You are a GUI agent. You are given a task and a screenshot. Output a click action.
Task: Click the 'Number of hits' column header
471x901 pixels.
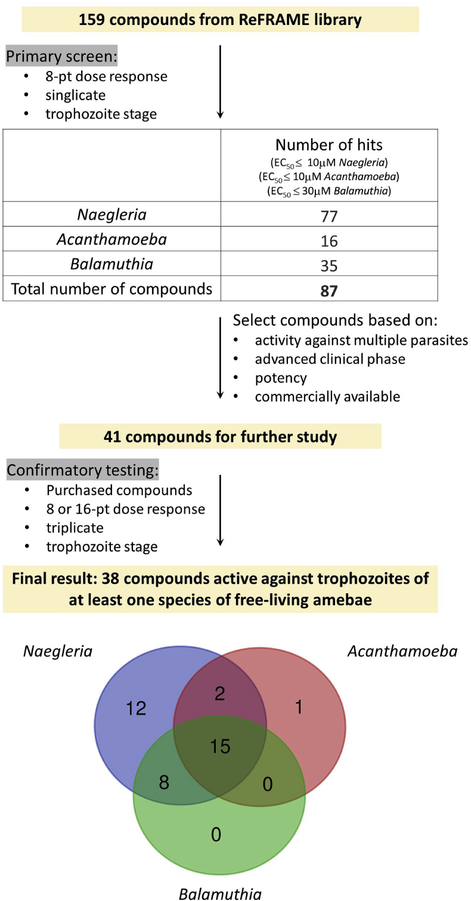(x=329, y=144)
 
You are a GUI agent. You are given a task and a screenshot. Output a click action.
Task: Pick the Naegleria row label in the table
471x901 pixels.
(x=111, y=214)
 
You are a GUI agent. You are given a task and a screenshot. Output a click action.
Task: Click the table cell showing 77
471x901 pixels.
(x=329, y=215)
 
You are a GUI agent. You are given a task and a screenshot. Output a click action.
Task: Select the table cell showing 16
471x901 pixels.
(x=329, y=240)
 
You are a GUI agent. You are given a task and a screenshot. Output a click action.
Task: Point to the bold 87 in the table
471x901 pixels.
(x=329, y=291)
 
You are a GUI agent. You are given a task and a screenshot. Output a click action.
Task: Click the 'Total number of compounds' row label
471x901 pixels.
(x=111, y=289)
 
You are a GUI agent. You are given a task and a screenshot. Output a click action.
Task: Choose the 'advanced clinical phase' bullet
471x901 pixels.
(x=330, y=359)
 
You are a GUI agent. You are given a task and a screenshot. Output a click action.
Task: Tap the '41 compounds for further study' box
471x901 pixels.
(x=220, y=436)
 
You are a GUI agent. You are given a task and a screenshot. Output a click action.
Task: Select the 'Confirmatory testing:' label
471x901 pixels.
(x=82, y=470)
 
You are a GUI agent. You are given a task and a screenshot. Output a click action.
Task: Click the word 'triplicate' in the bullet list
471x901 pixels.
(x=75, y=527)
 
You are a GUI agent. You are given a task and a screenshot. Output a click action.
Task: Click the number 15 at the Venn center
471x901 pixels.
(x=220, y=746)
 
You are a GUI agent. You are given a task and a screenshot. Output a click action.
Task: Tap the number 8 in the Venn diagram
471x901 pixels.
(x=164, y=782)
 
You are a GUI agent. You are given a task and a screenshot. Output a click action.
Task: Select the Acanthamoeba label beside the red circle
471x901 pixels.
(x=402, y=650)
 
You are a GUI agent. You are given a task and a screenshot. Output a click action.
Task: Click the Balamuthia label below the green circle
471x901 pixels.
(x=220, y=893)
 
